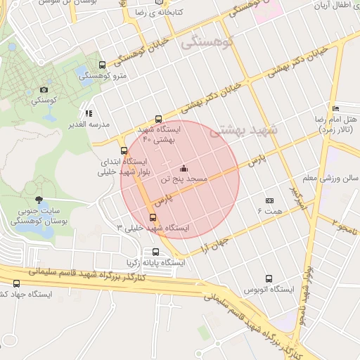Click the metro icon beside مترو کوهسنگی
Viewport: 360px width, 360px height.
[x=103, y=65]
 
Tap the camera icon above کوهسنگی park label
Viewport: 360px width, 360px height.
[x=44, y=89]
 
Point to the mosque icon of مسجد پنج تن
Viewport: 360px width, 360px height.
[x=184, y=168]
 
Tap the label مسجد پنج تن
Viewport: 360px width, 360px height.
[x=185, y=180]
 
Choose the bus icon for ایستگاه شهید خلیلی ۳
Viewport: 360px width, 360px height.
[x=153, y=217]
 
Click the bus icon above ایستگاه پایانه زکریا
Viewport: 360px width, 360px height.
[x=155, y=252]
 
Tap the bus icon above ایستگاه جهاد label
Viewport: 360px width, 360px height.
[x=16, y=283]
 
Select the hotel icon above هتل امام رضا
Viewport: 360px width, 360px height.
[x=336, y=108]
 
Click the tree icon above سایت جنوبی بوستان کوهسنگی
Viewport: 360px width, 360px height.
[x=38, y=200]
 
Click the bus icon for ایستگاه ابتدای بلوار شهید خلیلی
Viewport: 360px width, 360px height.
[x=124, y=150]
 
